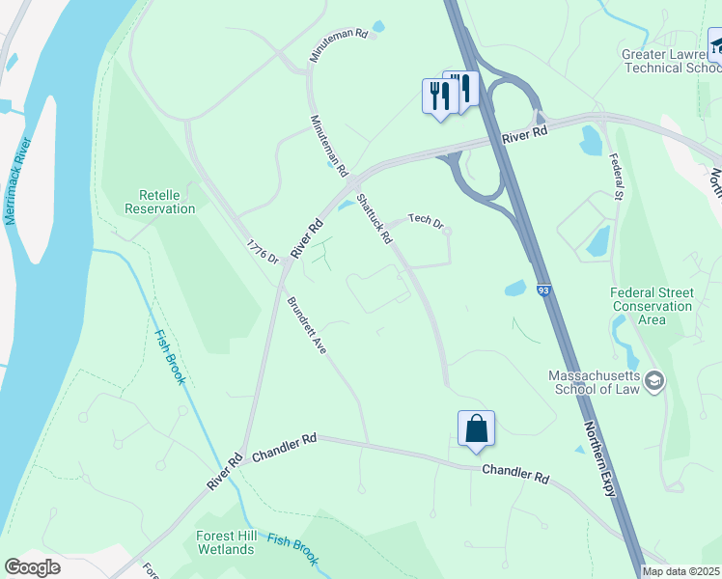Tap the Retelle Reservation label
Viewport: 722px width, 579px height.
[160, 201]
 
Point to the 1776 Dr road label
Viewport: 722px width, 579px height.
[262, 253]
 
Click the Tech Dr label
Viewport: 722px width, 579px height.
[425, 220]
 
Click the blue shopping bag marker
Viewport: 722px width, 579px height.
[477, 428]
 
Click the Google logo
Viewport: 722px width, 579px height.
[32, 567]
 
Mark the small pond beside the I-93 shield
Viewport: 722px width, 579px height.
[514, 288]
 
